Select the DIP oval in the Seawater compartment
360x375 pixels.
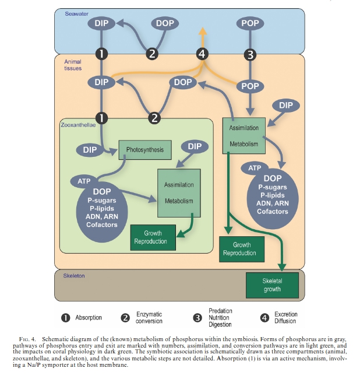101,24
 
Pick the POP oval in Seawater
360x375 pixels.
250,24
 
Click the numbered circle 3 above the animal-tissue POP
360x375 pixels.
250,55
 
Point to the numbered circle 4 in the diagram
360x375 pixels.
202,54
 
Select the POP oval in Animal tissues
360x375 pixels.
250,86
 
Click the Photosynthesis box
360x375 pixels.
145,150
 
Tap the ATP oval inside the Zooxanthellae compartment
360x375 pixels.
84,181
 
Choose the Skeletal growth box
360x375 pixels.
272,285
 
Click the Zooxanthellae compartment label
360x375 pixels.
77,125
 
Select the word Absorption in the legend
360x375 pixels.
89,318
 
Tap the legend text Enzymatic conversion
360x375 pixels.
149,318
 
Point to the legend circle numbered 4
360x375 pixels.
264,318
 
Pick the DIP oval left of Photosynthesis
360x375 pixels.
90,150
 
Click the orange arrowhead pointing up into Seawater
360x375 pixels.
202,31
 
